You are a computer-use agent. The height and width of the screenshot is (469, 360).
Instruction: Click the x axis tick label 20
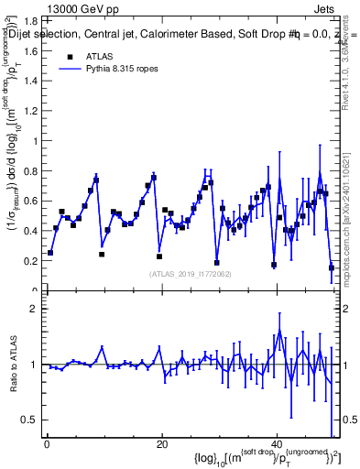pos(161,444)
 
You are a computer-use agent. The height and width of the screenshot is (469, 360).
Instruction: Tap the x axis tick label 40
pos(276,444)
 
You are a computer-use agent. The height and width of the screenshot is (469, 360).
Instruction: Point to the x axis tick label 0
pos(47,444)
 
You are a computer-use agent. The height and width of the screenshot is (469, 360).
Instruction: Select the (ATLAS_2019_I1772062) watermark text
pos(191,273)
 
